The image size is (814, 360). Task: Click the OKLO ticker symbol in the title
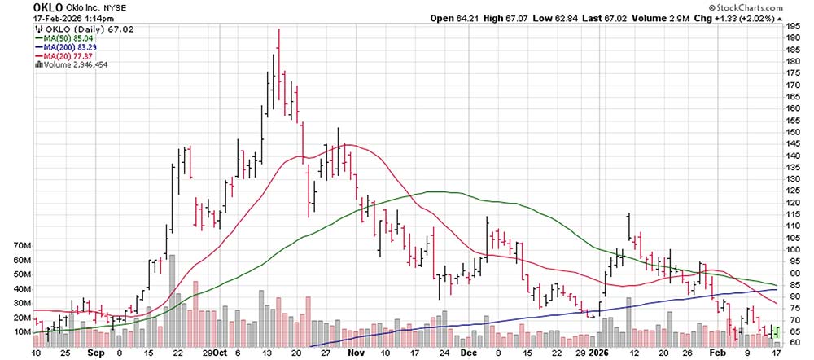pos(20,7)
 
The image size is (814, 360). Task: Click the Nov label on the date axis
pos(356,354)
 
